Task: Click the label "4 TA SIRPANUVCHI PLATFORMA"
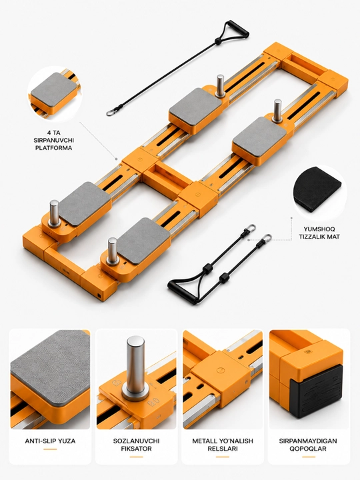coord(53,140)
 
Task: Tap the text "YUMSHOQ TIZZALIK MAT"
coord(319,233)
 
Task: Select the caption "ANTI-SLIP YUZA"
coord(50,441)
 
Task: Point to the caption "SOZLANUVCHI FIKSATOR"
coord(136,445)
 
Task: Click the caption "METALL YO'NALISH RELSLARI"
coord(223,445)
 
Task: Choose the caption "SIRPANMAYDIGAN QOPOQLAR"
coord(308,445)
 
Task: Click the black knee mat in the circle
coord(317,189)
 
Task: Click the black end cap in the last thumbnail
coord(316,391)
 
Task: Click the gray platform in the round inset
coord(54,89)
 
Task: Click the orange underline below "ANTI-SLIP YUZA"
coord(50,449)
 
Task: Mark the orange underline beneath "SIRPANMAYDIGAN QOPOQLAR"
coord(309,457)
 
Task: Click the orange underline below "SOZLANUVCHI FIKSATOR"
coord(136,457)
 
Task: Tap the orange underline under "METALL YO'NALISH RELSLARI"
coord(223,457)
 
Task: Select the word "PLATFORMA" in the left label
coord(53,148)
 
